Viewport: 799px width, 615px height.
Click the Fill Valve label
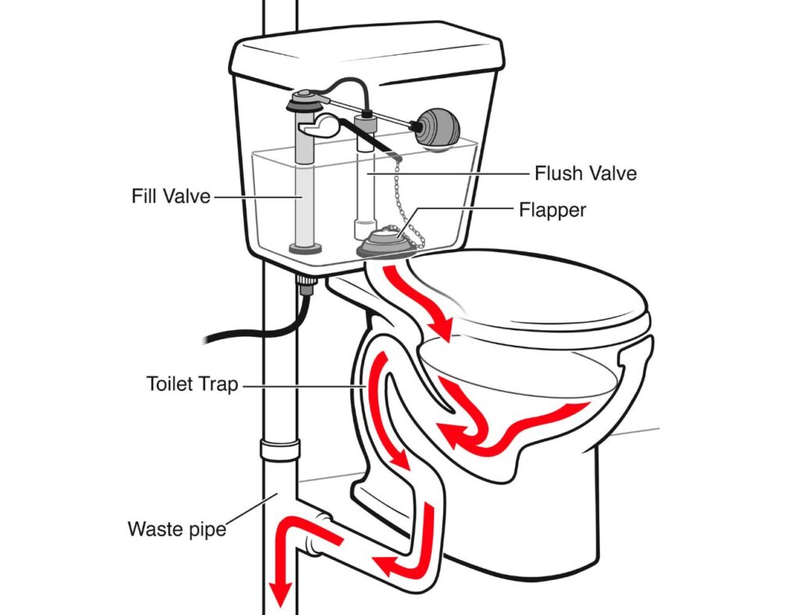click(171, 196)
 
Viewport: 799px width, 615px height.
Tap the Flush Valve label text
click(585, 173)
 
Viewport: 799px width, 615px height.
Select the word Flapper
click(552, 210)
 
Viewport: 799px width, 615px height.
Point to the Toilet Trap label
click(192, 384)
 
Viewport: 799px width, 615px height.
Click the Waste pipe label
click(177, 528)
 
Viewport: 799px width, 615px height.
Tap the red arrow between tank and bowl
click(415, 300)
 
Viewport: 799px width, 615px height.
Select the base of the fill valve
click(305, 248)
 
